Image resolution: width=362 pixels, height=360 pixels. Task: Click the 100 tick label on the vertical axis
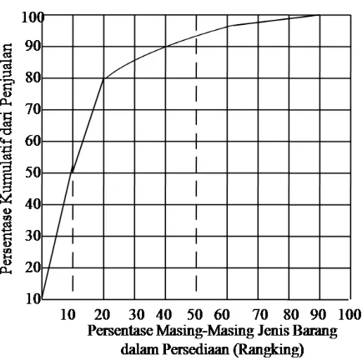click(x=32, y=17)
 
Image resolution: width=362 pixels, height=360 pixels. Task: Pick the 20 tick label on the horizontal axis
click(x=102, y=314)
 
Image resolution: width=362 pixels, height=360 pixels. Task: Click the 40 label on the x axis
click(x=163, y=314)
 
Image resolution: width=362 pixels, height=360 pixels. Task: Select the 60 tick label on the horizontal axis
click(x=222, y=314)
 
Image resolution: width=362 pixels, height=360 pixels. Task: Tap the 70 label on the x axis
click(x=260, y=314)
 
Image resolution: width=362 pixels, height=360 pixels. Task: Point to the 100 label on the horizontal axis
click(x=349, y=314)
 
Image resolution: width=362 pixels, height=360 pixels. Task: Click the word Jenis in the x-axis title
click(x=274, y=331)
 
